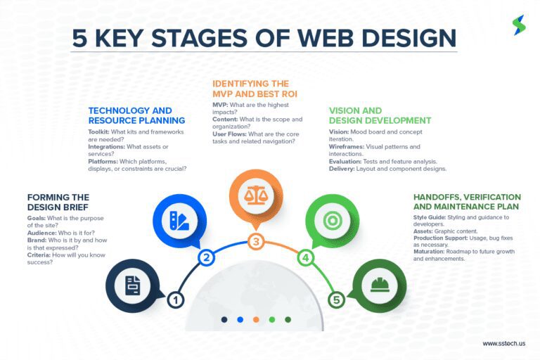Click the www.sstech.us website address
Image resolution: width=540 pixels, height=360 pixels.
(x=504, y=344)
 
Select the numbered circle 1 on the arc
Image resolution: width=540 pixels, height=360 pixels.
(x=175, y=300)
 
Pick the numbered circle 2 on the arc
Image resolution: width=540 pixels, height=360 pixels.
(x=206, y=257)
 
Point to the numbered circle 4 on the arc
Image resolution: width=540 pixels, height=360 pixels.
(x=306, y=257)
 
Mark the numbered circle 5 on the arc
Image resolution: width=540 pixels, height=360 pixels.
(x=337, y=300)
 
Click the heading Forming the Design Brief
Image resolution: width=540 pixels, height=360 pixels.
(x=58, y=202)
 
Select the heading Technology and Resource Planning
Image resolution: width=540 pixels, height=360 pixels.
(x=136, y=115)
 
